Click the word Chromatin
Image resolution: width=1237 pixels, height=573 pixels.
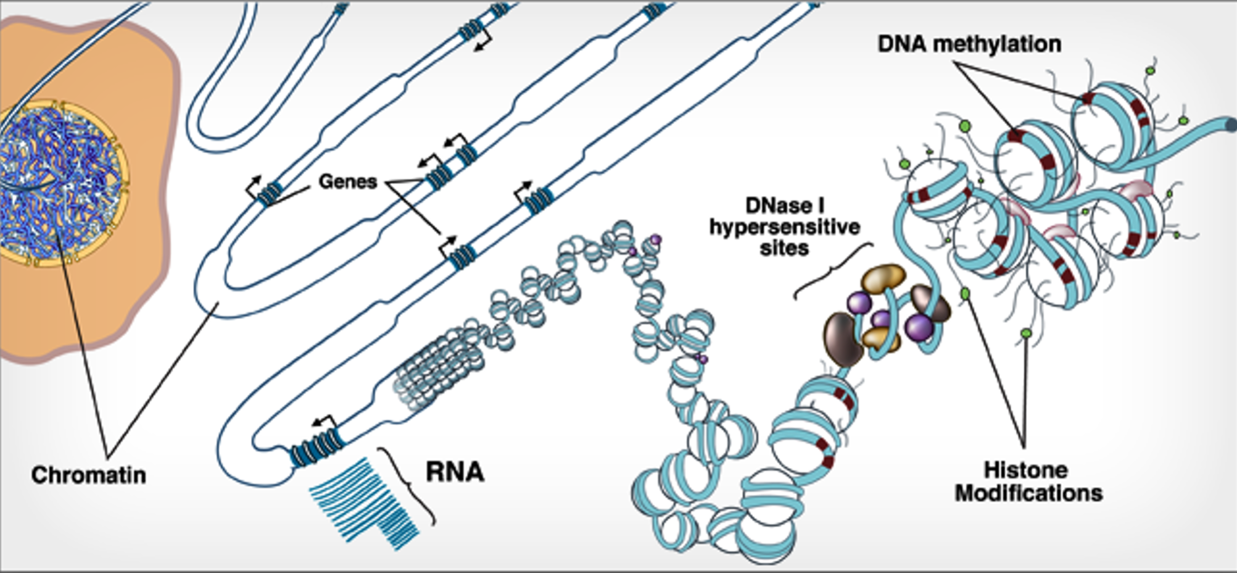tap(88, 475)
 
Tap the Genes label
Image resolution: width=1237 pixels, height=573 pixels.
tap(347, 182)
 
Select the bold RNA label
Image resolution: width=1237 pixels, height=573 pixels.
tap(455, 472)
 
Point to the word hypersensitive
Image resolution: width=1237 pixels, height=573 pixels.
tap(784, 227)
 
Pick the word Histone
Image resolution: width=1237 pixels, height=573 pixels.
tap(1025, 470)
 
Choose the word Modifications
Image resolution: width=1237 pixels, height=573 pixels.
tap(1028, 493)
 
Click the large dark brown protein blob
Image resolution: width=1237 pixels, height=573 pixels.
tap(843, 340)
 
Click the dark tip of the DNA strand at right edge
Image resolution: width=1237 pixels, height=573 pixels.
tap(1231, 125)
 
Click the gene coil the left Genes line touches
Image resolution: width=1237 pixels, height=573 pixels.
tap(269, 194)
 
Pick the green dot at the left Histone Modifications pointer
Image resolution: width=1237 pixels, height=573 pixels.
tap(965, 293)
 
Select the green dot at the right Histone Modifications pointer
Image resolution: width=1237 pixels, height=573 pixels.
tap(1026, 333)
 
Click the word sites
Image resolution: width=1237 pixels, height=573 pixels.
tap(784, 248)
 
